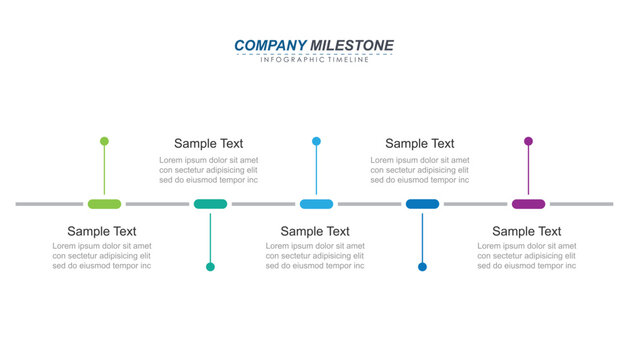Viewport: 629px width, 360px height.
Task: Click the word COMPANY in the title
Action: pos(270,45)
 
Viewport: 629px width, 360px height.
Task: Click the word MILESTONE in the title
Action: pos(352,45)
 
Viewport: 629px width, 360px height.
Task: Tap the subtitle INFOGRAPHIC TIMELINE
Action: pos(314,60)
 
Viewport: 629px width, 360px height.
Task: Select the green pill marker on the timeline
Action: pos(104,204)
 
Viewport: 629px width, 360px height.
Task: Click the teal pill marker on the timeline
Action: pos(210,204)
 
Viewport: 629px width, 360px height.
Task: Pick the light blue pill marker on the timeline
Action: pos(316,204)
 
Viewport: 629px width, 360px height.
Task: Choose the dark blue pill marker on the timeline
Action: pos(422,204)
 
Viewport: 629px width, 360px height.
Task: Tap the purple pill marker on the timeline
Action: pos(528,204)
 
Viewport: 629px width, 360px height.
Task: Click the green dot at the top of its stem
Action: pos(104,141)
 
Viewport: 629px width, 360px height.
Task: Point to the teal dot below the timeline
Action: pos(210,267)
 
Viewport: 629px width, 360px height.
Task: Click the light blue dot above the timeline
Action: pos(316,141)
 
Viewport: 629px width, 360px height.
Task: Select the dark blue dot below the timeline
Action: pos(422,267)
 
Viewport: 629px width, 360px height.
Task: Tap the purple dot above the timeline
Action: pos(528,141)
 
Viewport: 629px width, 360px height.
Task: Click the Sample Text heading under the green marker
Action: pos(102,231)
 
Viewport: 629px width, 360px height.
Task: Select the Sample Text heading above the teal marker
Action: pos(208,144)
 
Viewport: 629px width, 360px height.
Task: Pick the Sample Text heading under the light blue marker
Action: pos(315,231)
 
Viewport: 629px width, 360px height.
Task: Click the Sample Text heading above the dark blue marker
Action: pos(419,144)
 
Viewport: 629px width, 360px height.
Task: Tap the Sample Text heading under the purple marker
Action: pos(526,231)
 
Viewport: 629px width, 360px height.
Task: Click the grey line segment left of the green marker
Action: pos(49,204)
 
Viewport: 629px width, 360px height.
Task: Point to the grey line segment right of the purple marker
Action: pos(581,204)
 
